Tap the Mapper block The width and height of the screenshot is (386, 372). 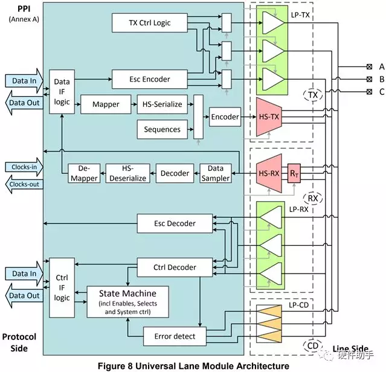tap(106, 104)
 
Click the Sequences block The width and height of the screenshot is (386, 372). tap(162, 129)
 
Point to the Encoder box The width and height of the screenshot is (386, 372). tap(225, 117)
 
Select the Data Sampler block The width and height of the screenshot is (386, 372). tap(215, 173)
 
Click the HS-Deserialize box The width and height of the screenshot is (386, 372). tap(127, 173)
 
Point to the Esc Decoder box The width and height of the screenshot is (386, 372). tap(175, 223)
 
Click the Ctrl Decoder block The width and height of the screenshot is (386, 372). tap(175, 267)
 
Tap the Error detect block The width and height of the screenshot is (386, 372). tap(175, 336)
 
